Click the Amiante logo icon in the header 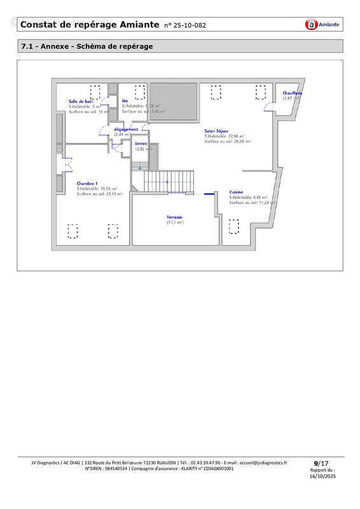coord(311,25)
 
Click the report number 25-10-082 coord(185,25)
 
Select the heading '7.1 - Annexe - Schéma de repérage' coord(87,46)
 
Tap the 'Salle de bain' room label coord(81,101)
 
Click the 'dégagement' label coord(125,129)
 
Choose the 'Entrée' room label coord(141,144)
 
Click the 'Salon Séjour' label coord(218,132)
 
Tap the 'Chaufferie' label coord(293,94)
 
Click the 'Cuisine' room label coord(237,192)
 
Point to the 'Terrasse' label coord(175,217)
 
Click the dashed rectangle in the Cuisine coord(234,227)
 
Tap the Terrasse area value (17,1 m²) coord(175,223)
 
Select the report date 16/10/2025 coord(321,476)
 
